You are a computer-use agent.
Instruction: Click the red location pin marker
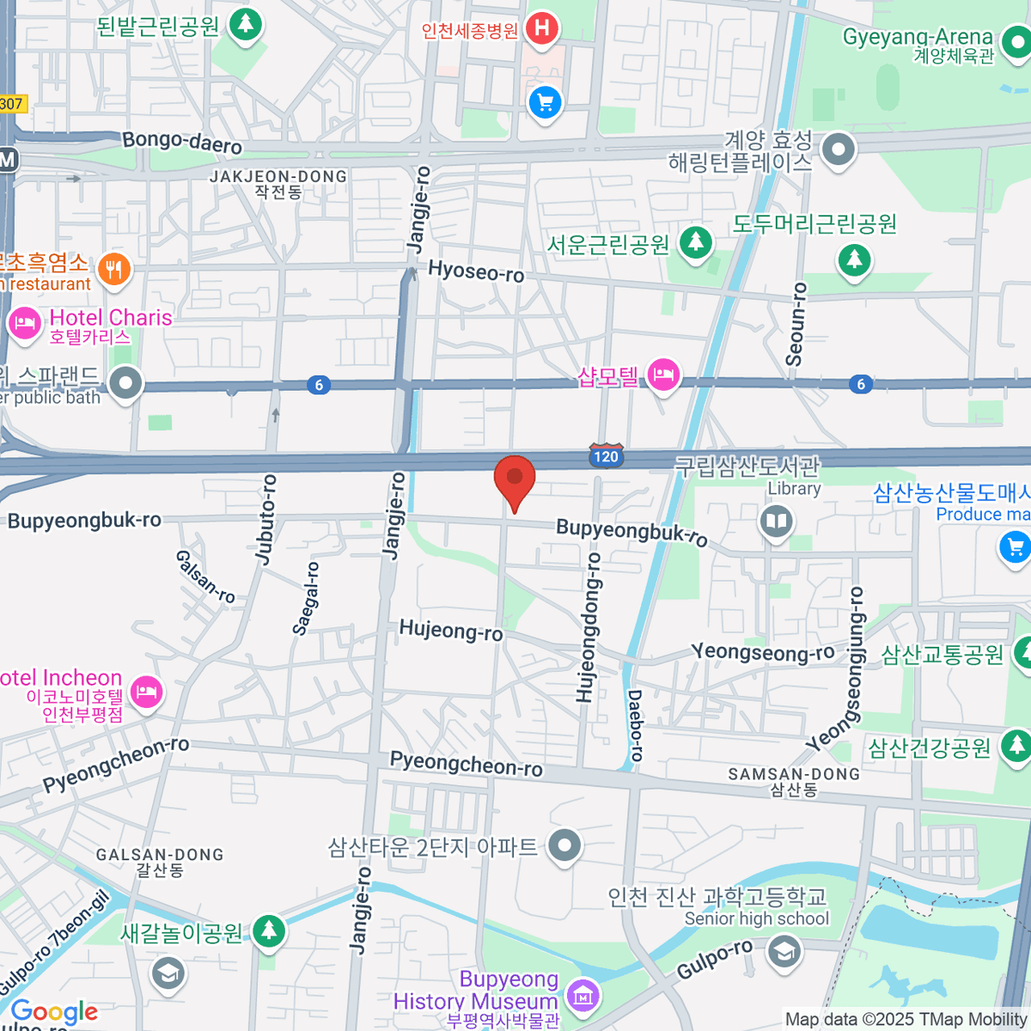point(515,480)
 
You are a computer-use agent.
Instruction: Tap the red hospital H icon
point(541,29)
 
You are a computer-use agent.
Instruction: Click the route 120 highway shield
point(606,456)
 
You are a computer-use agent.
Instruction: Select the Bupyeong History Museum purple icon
point(583,996)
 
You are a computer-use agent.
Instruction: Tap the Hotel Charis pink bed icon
point(24,325)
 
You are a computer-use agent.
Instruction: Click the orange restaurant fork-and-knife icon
point(113,270)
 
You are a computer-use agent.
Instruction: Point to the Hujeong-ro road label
point(451,631)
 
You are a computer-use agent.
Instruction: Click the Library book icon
point(777,522)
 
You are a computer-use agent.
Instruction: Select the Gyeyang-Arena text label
point(917,37)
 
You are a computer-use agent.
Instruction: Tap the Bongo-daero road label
point(182,142)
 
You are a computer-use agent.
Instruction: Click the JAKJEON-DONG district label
point(278,176)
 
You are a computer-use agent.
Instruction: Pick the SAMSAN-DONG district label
point(794,774)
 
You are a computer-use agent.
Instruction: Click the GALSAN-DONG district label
point(160,855)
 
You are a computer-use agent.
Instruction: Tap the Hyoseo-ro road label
point(476,271)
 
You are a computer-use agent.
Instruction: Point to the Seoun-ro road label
point(796,325)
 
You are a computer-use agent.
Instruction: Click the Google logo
point(54,1011)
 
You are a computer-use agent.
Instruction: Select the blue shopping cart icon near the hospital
point(545,103)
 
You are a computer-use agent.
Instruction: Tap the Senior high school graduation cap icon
point(783,952)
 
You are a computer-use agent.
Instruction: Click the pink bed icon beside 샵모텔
point(663,375)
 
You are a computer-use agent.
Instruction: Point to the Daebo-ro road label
point(636,726)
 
